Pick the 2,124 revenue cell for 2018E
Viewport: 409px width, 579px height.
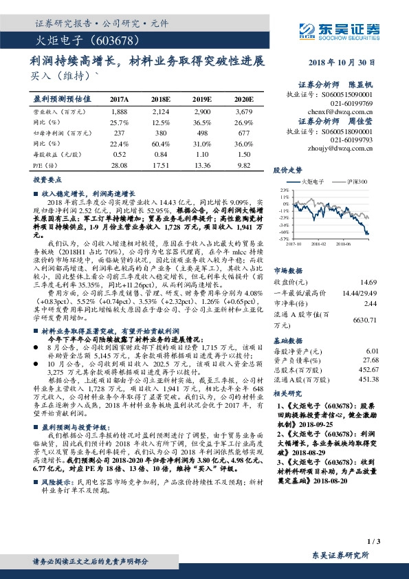tap(162, 111)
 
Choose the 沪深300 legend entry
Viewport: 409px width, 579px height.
tap(358, 181)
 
